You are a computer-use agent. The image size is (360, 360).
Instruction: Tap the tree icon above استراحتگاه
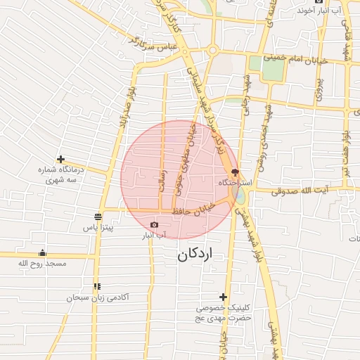pos(235,172)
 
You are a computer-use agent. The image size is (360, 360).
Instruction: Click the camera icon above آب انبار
pos(155,225)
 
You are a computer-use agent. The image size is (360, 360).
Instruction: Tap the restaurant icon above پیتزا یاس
pos(98,217)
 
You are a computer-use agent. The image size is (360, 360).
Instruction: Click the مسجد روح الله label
pos(42,263)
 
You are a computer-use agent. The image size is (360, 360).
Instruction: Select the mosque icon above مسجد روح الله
pos(43,253)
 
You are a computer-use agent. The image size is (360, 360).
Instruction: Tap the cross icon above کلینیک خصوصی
pos(224,297)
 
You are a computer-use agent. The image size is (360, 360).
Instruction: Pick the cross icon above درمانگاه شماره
pos(61,160)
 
